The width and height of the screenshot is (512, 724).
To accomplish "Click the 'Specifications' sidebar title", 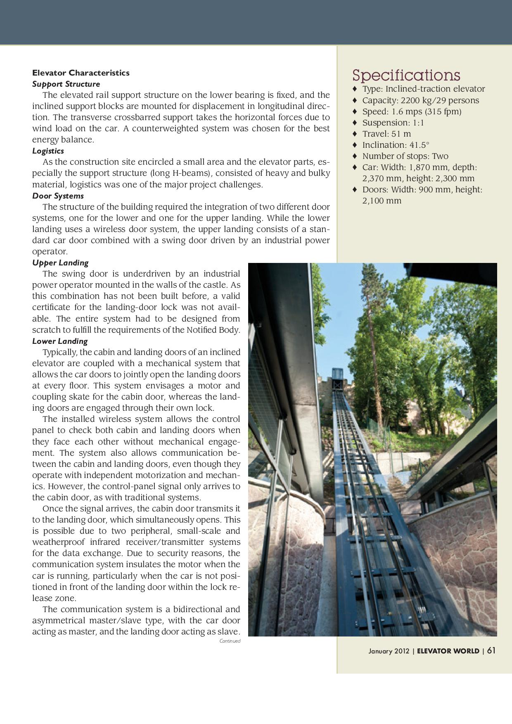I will tap(406, 75).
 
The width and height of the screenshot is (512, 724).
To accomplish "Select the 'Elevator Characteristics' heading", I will tap(81, 73).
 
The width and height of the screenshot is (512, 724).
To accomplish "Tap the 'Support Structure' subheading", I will tap(66, 84).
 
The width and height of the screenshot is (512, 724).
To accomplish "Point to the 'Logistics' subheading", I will tap(48, 151).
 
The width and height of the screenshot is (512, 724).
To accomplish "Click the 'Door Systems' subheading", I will tap(58, 196).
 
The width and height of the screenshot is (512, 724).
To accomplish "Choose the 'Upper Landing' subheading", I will tap(60, 263).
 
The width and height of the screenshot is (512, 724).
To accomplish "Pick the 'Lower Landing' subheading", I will tap(60, 341).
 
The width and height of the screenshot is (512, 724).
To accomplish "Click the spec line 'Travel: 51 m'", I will tap(386, 134).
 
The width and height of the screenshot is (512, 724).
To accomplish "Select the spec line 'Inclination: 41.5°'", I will tap(396, 145).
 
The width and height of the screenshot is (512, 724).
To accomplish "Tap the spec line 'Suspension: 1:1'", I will tap(393, 123).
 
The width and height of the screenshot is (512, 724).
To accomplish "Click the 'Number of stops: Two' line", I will tap(405, 156).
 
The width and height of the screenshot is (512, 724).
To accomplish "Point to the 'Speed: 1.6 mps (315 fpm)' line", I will tap(412, 111).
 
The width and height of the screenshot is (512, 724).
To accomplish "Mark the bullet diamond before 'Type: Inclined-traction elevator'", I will tap(354, 89).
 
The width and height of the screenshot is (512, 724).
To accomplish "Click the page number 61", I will tap(491, 651).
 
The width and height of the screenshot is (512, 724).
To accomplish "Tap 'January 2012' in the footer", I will tap(389, 651).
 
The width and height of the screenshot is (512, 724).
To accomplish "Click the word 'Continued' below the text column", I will tap(230, 641).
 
